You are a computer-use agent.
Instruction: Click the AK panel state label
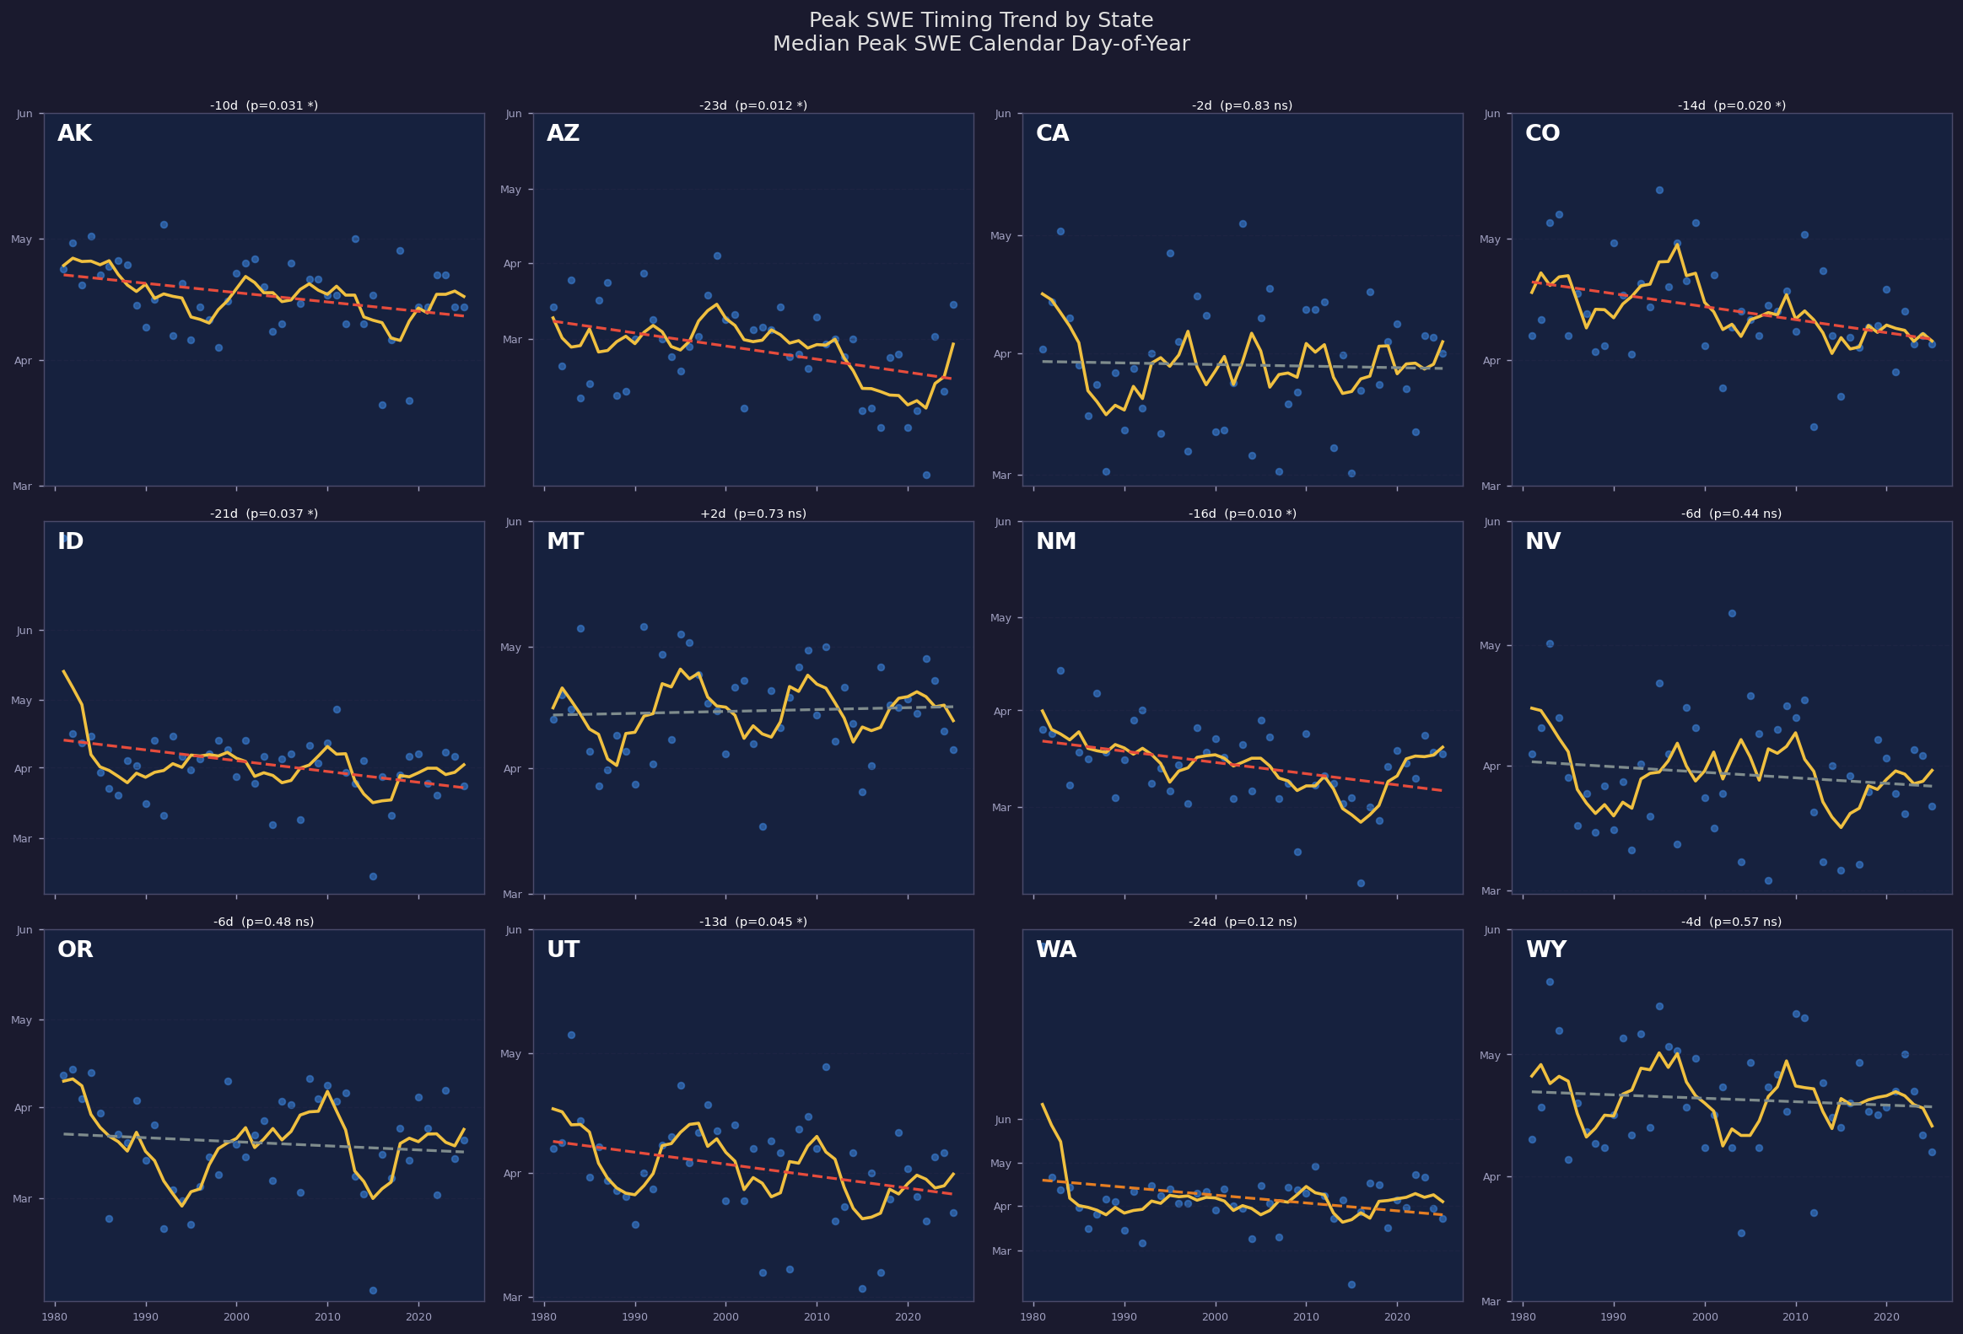pos(74,133)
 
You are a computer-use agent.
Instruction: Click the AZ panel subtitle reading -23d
pos(752,105)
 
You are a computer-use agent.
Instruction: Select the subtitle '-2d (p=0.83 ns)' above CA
pos(1242,105)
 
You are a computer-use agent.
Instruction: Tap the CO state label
pos(1542,133)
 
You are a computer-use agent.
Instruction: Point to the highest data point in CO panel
pos(1659,190)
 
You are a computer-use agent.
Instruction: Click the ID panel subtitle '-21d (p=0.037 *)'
pos(263,514)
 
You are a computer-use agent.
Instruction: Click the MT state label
pos(564,542)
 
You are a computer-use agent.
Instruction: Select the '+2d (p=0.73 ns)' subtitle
pos(752,514)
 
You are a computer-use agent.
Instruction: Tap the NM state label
pos(1056,542)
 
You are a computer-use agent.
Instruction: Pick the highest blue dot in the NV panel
pos(1732,613)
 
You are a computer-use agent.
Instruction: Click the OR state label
pos(75,949)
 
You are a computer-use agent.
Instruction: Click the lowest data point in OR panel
pos(373,1290)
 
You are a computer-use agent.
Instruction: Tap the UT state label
pos(563,949)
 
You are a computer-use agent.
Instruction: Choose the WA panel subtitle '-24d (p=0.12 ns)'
pos(1242,922)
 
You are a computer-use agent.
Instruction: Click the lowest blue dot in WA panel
pos(1351,1284)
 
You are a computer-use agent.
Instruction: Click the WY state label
pos(1545,949)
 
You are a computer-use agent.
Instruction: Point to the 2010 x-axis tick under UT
pos(816,1316)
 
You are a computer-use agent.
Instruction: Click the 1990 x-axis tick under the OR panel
pos(145,1316)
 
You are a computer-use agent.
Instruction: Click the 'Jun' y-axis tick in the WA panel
pos(1004,1120)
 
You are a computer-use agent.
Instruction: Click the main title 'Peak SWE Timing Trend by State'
pos(980,20)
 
